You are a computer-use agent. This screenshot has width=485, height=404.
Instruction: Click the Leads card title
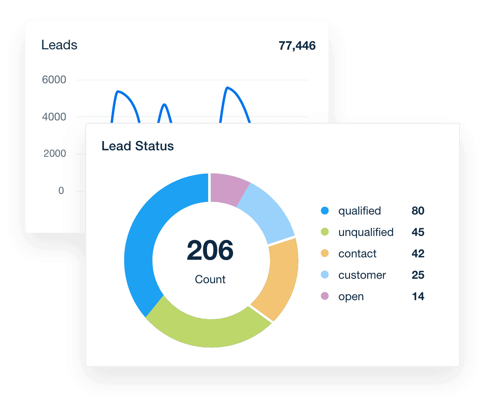click(59, 45)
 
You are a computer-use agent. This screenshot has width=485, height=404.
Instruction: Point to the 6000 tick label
click(54, 80)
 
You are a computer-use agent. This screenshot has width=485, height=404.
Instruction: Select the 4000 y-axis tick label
click(54, 117)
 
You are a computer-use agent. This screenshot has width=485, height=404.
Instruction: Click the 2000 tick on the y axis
click(54, 154)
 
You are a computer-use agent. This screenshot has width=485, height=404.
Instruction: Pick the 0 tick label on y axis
click(61, 191)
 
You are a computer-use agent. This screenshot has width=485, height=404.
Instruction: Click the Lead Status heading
click(137, 146)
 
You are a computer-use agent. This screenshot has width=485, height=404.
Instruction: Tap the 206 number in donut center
click(210, 250)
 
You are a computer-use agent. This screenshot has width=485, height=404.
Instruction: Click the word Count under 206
click(210, 279)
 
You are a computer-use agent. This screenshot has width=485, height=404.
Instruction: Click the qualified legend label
click(359, 211)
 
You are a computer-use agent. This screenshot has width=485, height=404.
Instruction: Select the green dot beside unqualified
click(325, 232)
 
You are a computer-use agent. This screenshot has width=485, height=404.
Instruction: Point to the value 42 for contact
click(418, 254)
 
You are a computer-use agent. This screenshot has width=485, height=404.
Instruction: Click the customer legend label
click(362, 275)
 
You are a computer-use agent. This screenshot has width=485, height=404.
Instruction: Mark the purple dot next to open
click(325, 296)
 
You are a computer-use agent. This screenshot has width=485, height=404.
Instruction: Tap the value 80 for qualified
click(418, 211)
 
